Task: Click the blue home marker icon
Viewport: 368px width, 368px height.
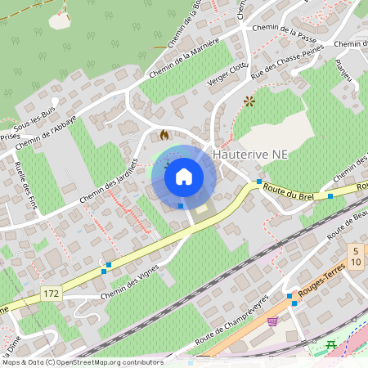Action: tap(184, 176)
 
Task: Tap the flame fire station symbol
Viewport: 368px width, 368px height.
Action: tap(164, 135)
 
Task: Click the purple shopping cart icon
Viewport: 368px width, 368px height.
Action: tap(272, 321)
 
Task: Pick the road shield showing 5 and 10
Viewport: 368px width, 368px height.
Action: tap(356, 255)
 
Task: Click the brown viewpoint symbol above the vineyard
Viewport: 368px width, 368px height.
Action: tap(249, 101)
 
